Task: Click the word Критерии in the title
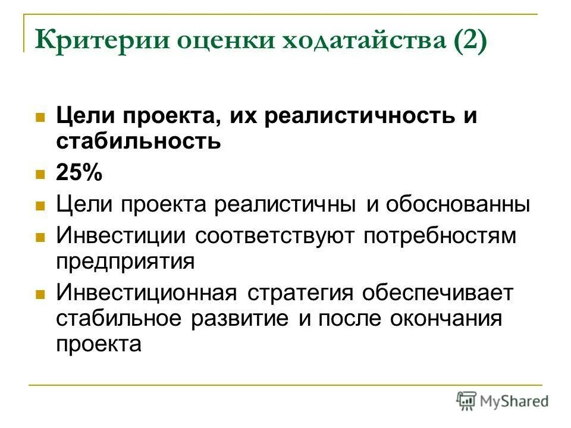click(93, 43)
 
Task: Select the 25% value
click(79, 174)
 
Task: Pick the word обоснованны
click(457, 206)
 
